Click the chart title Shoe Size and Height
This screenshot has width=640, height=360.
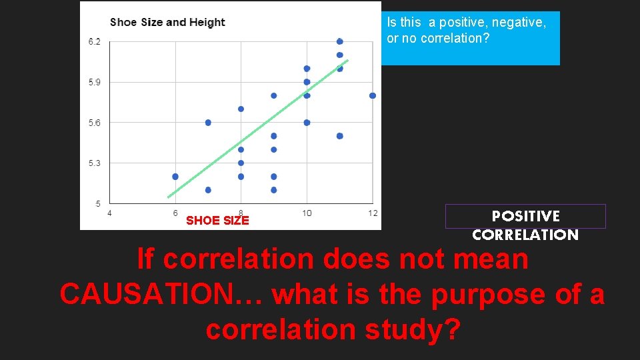click(167, 23)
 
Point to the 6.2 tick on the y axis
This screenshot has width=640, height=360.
click(95, 42)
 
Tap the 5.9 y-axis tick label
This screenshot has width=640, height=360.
click(95, 83)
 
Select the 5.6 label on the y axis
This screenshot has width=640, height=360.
click(95, 123)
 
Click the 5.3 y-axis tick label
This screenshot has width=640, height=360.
click(95, 163)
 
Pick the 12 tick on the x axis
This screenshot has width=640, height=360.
click(372, 213)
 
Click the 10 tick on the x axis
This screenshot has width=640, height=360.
click(307, 213)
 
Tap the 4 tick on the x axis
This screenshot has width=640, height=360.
click(109, 213)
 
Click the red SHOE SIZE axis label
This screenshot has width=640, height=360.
click(217, 221)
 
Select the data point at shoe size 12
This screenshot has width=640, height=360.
click(373, 95)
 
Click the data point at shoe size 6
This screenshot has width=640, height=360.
click(175, 177)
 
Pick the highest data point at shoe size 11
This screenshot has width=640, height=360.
click(340, 41)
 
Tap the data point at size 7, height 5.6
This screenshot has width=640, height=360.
click(208, 123)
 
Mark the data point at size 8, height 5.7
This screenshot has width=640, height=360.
click(241, 109)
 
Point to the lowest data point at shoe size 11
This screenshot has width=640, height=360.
click(340, 136)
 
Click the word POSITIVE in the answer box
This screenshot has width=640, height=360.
click(525, 216)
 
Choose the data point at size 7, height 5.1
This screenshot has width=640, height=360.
click(208, 190)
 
